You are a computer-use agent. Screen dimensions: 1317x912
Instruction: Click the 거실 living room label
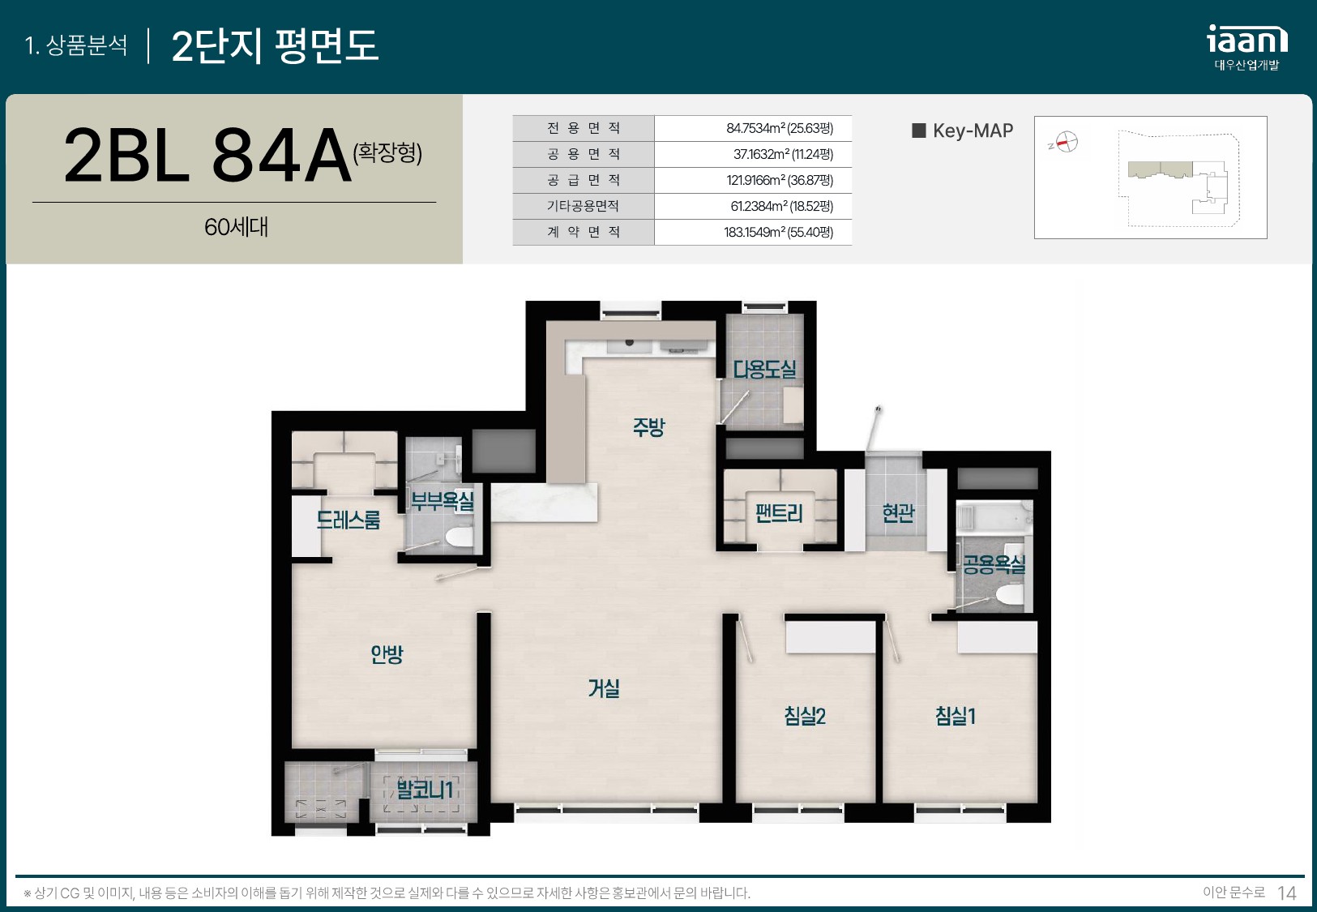click(604, 688)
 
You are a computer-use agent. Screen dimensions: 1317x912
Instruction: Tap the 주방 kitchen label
click(648, 427)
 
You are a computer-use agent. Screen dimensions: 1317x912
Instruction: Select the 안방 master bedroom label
click(387, 654)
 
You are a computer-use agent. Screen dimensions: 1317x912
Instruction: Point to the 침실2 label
click(805, 716)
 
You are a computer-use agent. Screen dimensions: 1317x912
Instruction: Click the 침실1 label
click(956, 716)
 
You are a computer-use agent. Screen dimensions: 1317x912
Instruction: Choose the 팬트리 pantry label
click(779, 512)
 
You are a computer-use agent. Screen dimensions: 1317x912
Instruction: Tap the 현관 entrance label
click(898, 512)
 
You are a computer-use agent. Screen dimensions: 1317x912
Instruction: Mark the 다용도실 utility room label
click(764, 369)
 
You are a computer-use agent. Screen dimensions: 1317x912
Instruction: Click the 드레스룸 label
click(348, 519)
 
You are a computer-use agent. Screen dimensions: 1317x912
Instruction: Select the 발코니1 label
click(425, 789)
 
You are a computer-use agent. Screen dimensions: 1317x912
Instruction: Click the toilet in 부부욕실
click(459, 537)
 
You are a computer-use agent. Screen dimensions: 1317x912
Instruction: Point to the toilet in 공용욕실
click(1010, 593)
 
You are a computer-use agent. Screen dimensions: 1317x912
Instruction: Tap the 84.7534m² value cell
click(780, 128)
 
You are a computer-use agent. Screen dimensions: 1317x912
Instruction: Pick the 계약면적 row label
click(584, 232)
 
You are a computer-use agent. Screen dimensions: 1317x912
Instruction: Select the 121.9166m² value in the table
click(780, 180)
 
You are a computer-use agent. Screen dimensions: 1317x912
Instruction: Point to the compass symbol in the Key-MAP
click(1067, 142)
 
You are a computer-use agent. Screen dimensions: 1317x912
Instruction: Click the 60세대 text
click(236, 227)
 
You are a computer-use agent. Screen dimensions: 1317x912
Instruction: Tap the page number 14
click(1286, 893)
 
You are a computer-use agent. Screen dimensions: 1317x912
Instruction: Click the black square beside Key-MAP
click(918, 130)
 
